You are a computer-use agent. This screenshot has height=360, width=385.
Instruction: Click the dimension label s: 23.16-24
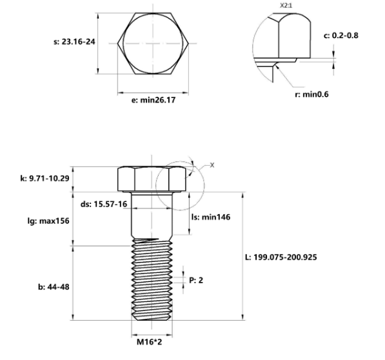pyautogui.click(x=72, y=42)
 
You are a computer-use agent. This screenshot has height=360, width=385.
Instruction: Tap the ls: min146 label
pyautogui.click(x=212, y=217)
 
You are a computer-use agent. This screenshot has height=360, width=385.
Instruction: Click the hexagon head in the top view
pyautogui.click(x=153, y=45)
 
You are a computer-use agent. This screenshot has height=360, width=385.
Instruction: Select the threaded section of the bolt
pyautogui.click(x=153, y=280)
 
